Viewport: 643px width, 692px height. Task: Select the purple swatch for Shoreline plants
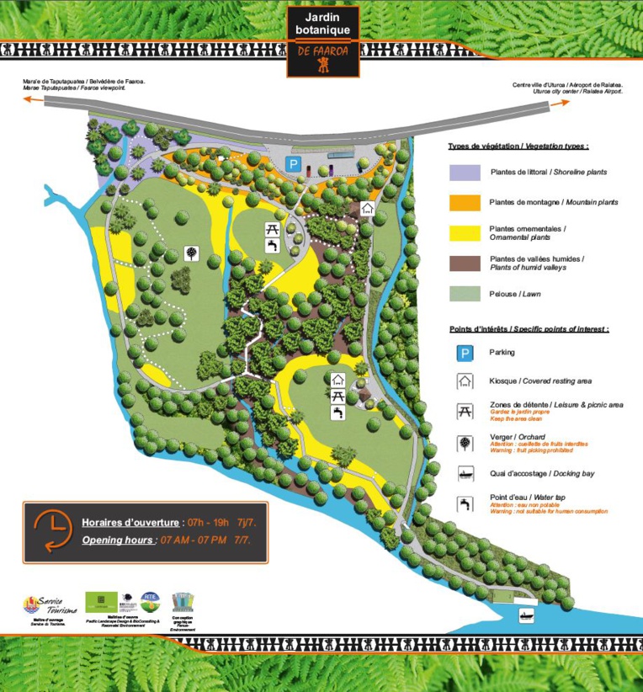click(464, 173)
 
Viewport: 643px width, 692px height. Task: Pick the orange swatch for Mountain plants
click(464, 203)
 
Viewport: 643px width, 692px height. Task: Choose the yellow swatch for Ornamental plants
click(464, 232)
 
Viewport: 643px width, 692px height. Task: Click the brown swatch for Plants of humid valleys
click(464, 263)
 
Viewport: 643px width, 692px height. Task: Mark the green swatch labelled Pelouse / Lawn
click(464, 294)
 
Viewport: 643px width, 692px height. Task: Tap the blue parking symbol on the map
click(293, 164)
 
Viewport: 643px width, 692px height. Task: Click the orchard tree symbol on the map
click(193, 253)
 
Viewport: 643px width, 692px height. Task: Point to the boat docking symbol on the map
click(526, 615)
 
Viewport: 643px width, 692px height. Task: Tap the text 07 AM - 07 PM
click(194, 540)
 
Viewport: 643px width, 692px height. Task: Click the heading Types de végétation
click(518, 146)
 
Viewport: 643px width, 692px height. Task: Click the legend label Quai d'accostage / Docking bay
click(541, 474)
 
